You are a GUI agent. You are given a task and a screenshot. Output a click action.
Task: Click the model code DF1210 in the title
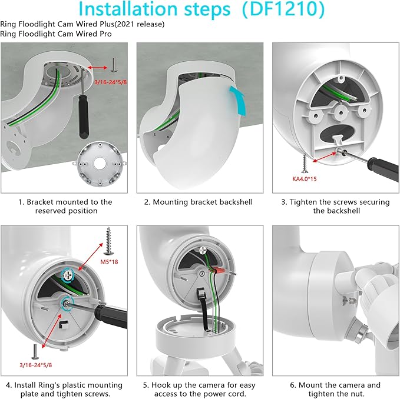click(283, 9)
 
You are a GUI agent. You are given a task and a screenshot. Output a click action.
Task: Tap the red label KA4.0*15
click(305, 179)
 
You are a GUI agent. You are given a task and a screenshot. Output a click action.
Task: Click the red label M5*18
click(109, 262)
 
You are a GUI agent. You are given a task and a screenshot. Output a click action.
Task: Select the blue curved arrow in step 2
click(238, 101)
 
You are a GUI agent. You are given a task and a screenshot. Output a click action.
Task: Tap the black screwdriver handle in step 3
click(383, 169)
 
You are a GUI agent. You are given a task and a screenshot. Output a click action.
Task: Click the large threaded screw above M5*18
click(108, 241)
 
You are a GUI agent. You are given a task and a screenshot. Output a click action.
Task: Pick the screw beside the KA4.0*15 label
click(305, 164)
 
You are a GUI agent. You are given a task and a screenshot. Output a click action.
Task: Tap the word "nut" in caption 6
click(357, 394)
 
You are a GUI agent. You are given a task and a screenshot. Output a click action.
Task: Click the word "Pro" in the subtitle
click(106, 34)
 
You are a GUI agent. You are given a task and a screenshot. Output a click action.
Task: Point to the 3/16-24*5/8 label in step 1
click(111, 82)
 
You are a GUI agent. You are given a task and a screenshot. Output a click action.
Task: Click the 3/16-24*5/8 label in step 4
click(36, 365)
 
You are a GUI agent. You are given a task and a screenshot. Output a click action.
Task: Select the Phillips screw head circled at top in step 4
click(68, 275)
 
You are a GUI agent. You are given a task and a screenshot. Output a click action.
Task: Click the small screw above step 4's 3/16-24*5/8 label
click(35, 351)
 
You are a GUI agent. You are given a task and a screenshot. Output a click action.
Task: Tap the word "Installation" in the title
click(128, 9)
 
